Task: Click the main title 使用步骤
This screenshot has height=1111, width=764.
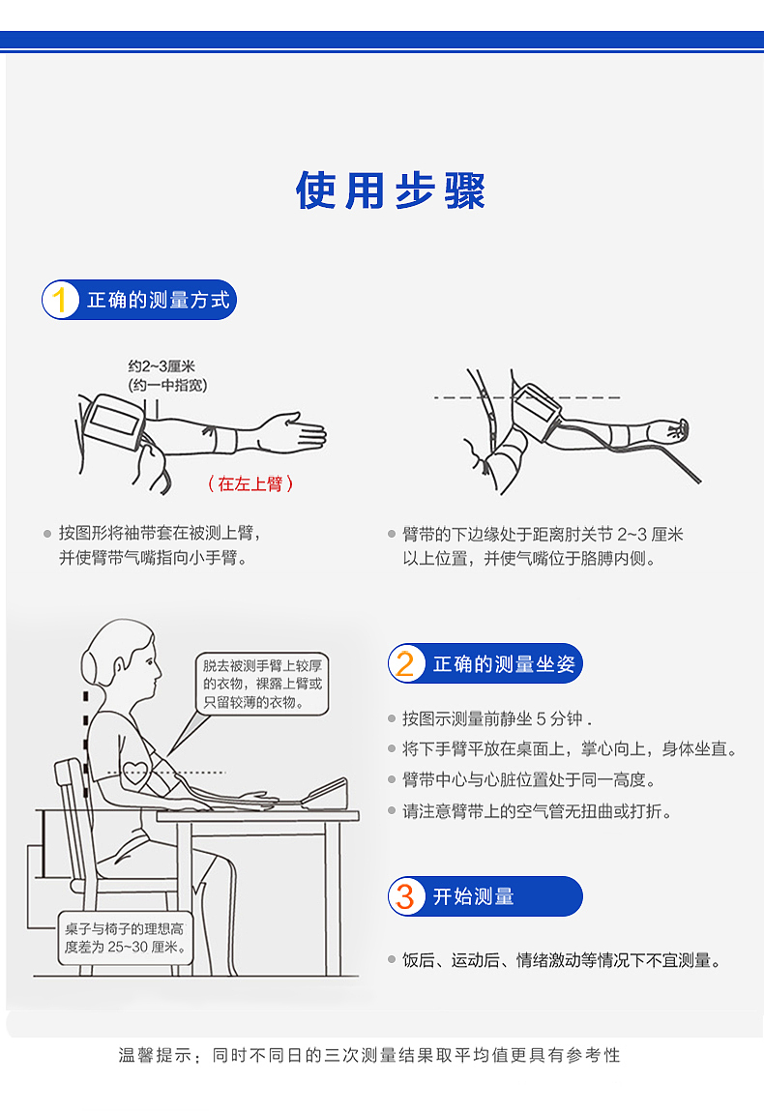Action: click(x=391, y=190)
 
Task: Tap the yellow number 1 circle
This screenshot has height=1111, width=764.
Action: click(x=60, y=301)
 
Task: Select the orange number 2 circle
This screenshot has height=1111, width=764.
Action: click(x=405, y=664)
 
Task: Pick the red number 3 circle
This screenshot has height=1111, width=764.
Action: click(x=405, y=896)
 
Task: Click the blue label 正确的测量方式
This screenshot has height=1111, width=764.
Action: click(x=159, y=301)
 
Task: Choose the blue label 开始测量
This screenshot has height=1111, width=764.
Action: click(x=473, y=896)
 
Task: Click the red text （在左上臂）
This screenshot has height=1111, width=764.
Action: click(x=250, y=483)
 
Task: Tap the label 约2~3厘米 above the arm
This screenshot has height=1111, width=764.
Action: click(x=162, y=366)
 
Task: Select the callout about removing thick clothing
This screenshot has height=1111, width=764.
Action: click(x=262, y=684)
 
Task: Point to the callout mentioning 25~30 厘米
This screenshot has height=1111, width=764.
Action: click(x=125, y=937)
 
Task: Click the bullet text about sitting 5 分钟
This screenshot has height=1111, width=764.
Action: click(x=496, y=718)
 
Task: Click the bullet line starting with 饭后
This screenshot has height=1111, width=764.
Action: click(x=562, y=960)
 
